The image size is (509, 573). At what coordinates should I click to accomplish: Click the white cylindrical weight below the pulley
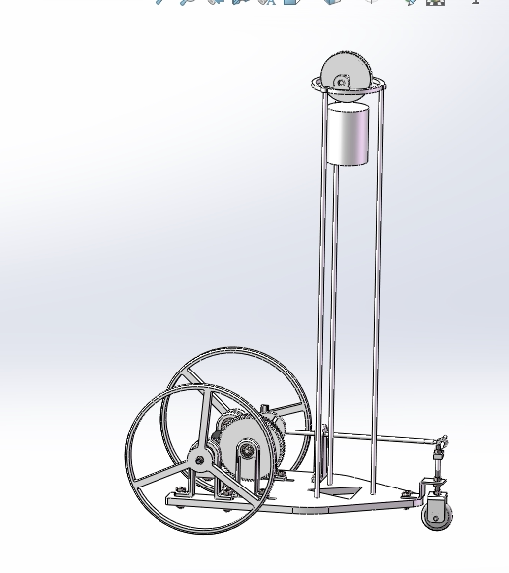(347, 136)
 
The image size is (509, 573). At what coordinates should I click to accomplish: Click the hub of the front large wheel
(200, 459)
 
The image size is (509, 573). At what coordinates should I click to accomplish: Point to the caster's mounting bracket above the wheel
(433, 488)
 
